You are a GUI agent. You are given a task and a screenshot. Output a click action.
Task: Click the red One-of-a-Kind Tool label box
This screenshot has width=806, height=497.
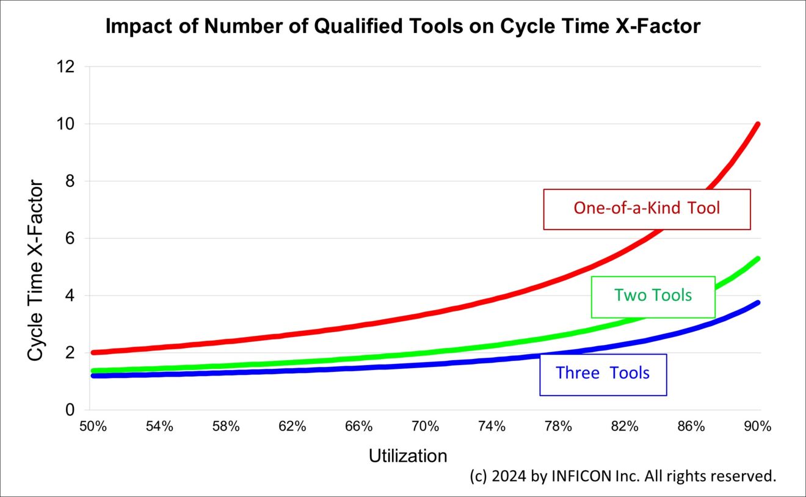pyautogui.click(x=647, y=209)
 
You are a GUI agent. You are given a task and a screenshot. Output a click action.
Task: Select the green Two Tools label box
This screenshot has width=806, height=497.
pyautogui.click(x=653, y=296)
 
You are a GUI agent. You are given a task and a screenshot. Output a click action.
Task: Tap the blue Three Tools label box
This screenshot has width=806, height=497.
pyautogui.click(x=603, y=374)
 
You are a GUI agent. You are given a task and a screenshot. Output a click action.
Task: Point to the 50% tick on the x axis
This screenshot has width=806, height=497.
pyautogui.click(x=93, y=427)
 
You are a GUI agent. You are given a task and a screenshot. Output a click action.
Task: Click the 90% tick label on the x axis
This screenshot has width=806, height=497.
pyautogui.click(x=758, y=427)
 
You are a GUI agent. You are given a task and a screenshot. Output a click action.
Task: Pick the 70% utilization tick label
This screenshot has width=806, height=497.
pyautogui.click(x=426, y=427)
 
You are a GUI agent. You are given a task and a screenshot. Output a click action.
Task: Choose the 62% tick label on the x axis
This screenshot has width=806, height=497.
pyautogui.click(x=292, y=427)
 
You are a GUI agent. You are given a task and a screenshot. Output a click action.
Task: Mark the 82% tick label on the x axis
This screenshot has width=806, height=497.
pyautogui.click(x=625, y=427)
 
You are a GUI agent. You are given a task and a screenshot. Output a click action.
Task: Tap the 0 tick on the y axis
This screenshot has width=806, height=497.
pyautogui.click(x=70, y=410)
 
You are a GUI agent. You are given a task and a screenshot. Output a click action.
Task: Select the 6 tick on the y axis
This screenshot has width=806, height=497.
pyautogui.click(x=70, y=239)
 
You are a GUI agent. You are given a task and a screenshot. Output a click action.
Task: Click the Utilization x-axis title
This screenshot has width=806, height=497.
pyautogui.click(x=408, y=456)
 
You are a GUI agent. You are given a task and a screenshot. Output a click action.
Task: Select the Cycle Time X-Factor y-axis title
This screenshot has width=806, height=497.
pyautogui.click(x=36, y=270)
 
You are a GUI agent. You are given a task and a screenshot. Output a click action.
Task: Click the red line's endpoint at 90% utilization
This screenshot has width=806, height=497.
pyautogui.click(x=758, y=124)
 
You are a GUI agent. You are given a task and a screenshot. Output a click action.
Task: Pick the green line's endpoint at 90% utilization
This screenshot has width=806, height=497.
pyautogui.click(x=758, y=258)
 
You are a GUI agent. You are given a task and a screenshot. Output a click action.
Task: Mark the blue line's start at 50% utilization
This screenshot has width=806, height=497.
pyautogui.click(x=93, y=375)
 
